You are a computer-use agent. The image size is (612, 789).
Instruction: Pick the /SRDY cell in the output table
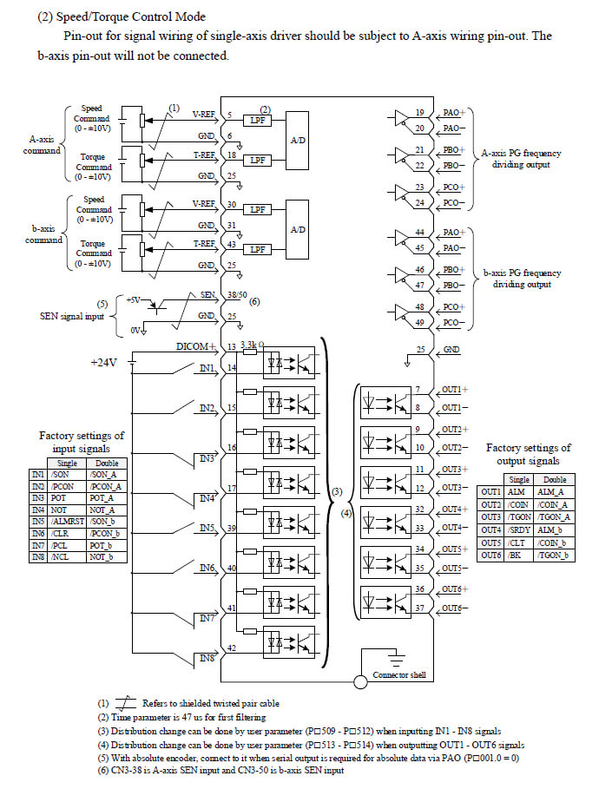coord(519,529)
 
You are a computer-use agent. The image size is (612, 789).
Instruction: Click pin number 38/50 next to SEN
coord(236,295)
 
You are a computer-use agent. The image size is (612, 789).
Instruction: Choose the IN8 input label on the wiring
coord(207,659)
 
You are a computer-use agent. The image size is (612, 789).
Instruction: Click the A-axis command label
coord(43,143)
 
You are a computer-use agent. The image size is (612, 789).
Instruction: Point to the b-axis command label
coord(43,234)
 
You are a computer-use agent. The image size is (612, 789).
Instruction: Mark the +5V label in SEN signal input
coord(132,299)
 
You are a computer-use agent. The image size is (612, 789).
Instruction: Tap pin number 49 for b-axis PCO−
coord(419,324)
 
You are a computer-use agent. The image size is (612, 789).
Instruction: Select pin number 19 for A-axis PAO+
coord(419,113)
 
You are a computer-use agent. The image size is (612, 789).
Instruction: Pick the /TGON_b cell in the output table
coord(553,555)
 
